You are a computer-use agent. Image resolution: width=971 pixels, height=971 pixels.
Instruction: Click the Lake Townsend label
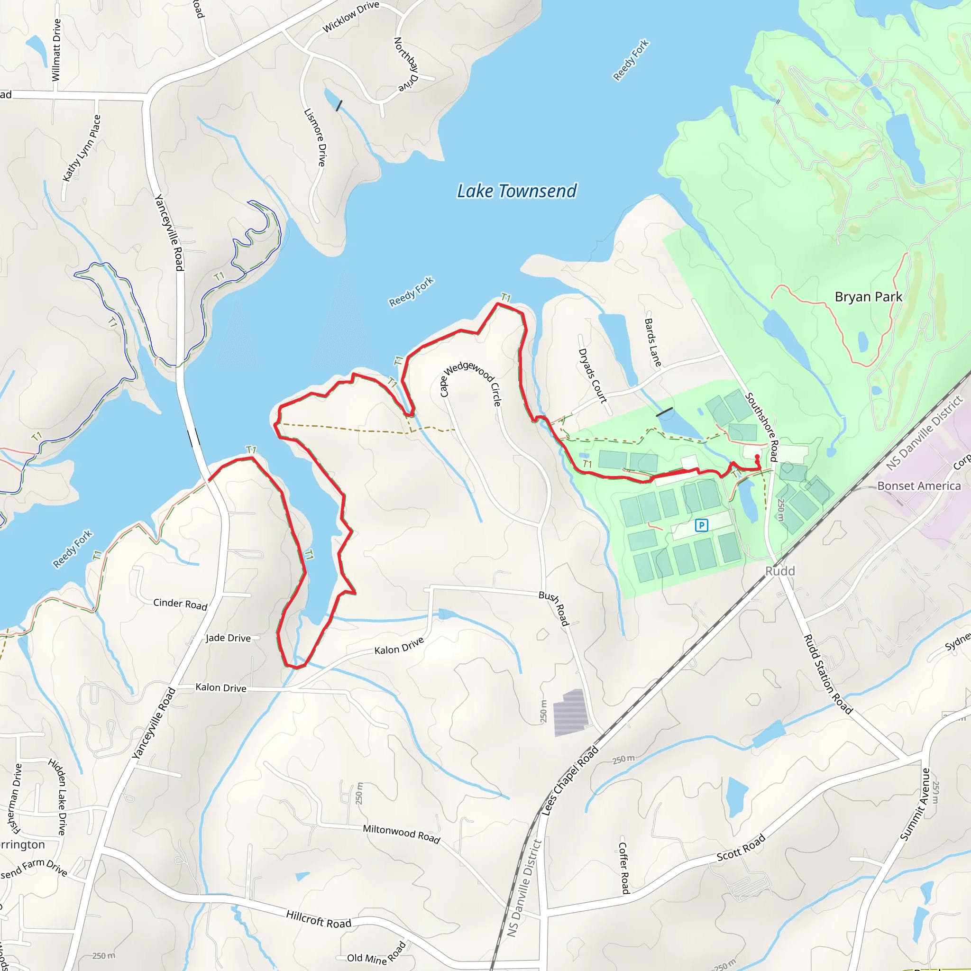pyautogui.click(x=517, y=191)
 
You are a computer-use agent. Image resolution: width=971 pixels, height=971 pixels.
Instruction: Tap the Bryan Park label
pyautogui.click(x=868, y=296)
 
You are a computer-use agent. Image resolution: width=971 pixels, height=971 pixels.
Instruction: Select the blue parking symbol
pyautogui.click(x=701, y=525)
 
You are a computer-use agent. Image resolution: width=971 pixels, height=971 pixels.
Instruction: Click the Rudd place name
pyautogui.click(x=780, y=571)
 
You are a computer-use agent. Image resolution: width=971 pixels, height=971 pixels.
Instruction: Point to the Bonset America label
pyautogui.click(x=919, y=486)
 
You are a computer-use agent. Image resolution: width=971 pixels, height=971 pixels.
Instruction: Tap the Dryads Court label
pyautogui.click(x=593, y=376)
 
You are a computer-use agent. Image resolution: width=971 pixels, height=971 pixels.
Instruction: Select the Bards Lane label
pyautogui.click(x=653, y=342)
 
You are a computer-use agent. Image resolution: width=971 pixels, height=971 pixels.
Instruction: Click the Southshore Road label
pyautogui.click(x=762, y=427)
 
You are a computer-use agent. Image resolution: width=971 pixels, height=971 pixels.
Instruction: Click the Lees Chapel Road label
pyautogui.click(x=569, y=780)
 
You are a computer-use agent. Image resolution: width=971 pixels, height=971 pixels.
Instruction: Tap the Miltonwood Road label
pyautogui.click(x=401, y=834)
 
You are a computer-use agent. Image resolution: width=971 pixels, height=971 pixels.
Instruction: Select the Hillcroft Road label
pyautogui.click(x=319, y=919)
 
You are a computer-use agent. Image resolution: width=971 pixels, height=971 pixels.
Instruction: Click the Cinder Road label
pyautogui.click(x=180, y=604)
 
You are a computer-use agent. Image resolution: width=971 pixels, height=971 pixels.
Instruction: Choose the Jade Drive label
pyautogui.click(x=228, y=638)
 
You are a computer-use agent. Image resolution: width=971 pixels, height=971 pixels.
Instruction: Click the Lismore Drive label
pyautogui.click(x=315, y=137)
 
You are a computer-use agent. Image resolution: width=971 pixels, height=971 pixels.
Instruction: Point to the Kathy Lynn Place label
pyautogui.click(x=82, y=148)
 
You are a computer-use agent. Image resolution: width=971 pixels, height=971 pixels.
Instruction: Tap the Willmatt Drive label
pyautogui.click(x=56, y=50)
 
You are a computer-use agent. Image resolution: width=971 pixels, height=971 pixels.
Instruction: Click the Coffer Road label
pyautogui.click(x=623, y=868)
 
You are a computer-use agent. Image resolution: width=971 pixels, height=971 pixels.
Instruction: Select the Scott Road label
pyautogui.click(x=741, y=847)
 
